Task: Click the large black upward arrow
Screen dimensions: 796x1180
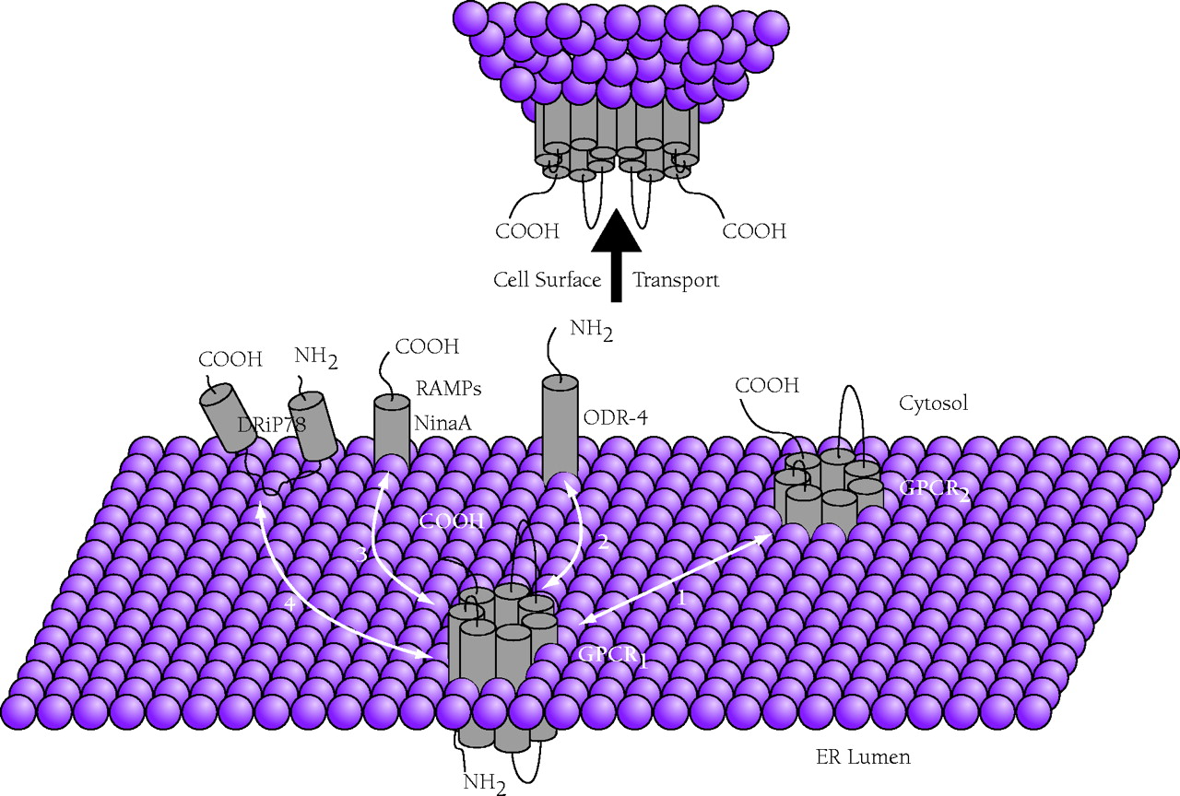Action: pos(617,258)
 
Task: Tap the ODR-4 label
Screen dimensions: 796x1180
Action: pos(616,417)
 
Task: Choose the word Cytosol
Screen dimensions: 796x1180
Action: pos(933,403)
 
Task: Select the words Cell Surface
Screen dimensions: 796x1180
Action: pos(548,280)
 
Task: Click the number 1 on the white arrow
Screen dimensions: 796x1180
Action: pos(681,597)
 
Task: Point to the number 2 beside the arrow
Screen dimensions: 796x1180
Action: pos(602,543)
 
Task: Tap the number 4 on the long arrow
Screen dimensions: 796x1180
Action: pos(291,605)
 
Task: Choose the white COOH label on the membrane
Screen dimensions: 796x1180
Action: pos(452,521)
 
